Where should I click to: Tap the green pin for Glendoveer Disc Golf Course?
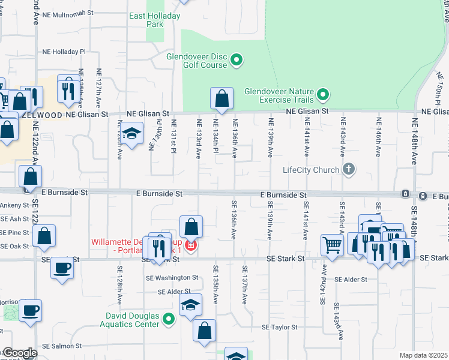237,59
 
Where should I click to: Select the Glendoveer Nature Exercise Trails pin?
324,94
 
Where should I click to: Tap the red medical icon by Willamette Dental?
191,246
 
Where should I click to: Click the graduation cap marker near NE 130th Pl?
131,133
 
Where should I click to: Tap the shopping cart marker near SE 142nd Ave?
332,244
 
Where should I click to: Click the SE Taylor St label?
280,327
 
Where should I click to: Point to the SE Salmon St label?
62,346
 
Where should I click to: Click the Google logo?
19,353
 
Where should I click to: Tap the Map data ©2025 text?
423,355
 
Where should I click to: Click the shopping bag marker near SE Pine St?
44,236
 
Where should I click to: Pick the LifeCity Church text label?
311,170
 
